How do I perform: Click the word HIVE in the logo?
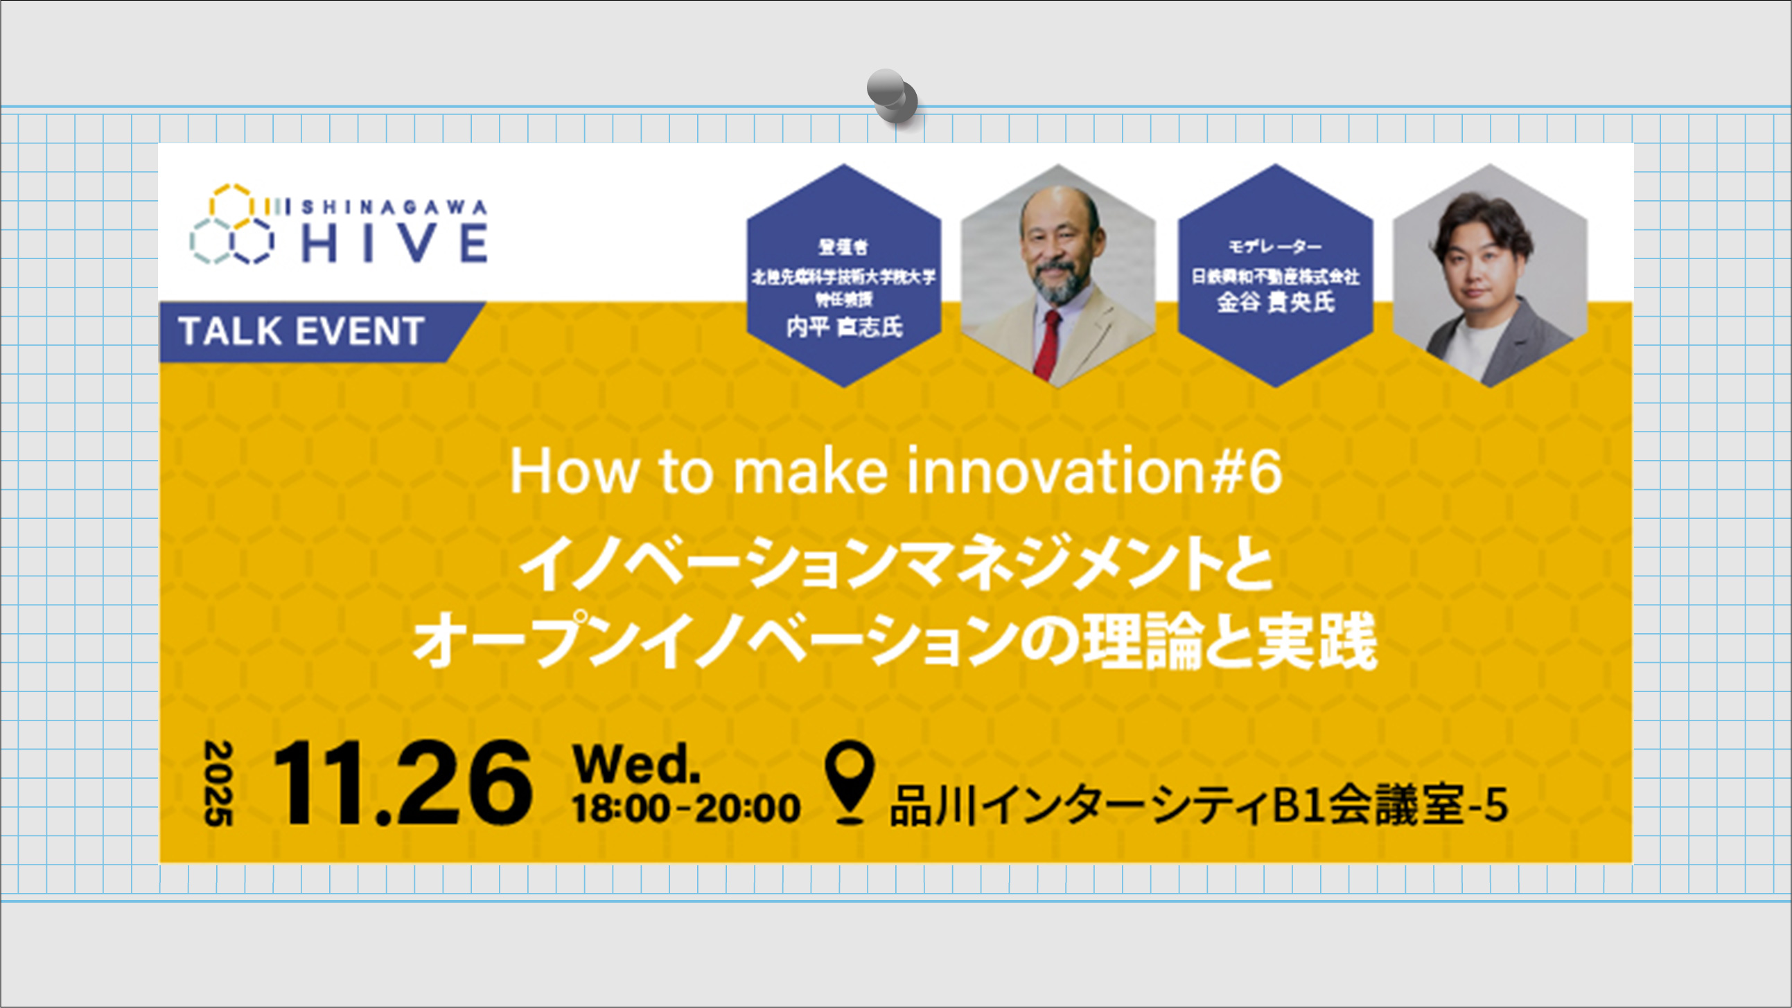tap(394, 242)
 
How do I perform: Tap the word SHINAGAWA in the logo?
tap(394, 207)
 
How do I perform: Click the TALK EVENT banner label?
tap(301, 331)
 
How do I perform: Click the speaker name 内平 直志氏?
tap(844, 326)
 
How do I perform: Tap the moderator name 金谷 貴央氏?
tap(1275, 302)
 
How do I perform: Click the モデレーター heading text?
tap(1274, 246)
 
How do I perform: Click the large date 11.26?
tap(402, 784)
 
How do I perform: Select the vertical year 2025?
tap(218, 784)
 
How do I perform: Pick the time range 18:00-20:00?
tap(685, 808)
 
